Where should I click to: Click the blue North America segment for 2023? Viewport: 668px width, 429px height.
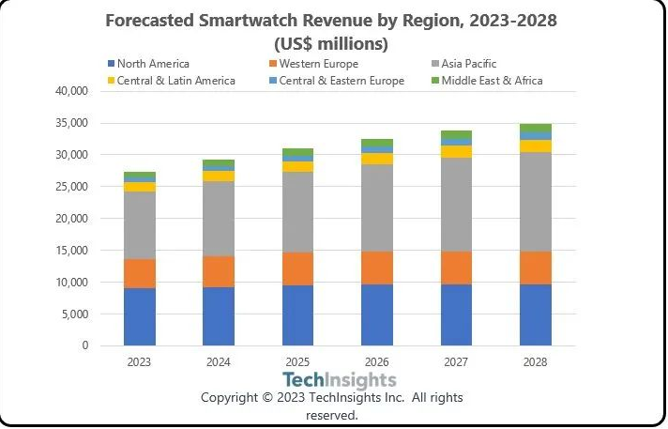coord(140,316)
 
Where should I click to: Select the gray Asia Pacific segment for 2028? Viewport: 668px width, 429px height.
coord(536,202)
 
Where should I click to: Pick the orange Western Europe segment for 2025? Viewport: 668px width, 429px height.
coord(297,268)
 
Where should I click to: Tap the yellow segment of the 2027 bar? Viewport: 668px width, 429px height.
coord(456,152)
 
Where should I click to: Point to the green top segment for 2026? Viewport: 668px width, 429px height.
coord(377,143)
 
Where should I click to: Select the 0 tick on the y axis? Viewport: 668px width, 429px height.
coord(84,345)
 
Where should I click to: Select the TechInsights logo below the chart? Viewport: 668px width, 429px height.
coord(340,380)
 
